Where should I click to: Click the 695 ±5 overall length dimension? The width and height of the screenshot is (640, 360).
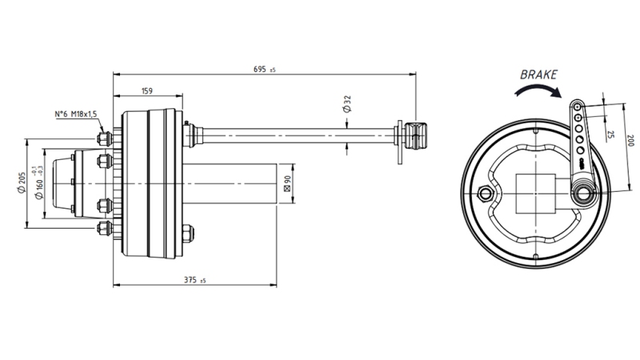pos(263,70)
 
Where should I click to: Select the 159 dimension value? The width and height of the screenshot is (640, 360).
pos(146,90)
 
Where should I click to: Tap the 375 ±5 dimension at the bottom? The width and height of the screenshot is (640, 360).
pos(194,280)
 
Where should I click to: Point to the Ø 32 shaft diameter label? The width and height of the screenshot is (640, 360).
pos(346,102)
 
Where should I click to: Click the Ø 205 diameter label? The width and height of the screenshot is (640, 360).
pos(18,184)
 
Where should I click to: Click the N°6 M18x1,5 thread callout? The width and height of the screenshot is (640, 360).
pos(75,114)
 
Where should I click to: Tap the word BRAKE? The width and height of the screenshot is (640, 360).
pos(538,75)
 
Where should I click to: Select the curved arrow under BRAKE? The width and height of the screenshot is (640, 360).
pos(536,93)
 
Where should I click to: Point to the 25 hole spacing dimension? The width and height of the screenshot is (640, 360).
pos(610,134)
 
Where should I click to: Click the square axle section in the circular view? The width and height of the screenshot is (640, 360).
pos(536,194)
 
